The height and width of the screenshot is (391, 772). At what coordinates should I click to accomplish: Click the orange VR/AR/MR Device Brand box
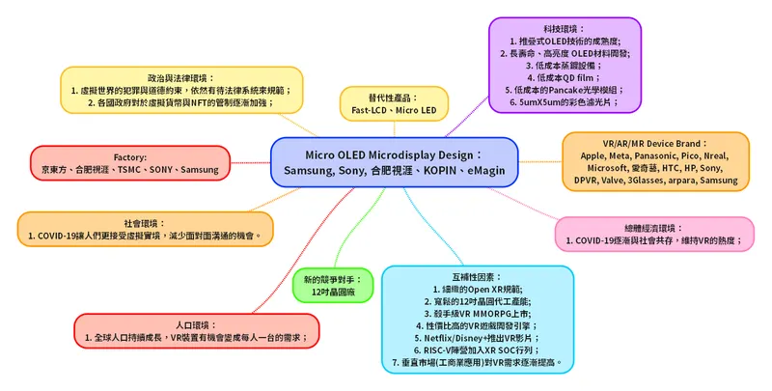[x=656, y=159]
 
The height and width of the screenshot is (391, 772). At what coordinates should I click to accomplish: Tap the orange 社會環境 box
[x=145, y=228]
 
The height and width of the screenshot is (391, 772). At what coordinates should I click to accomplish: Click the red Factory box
[x=129, y=162]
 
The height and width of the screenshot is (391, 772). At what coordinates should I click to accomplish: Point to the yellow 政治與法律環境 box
[x=181, y=89]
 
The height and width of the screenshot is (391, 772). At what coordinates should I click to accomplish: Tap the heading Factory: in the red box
[x=129, y=156]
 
